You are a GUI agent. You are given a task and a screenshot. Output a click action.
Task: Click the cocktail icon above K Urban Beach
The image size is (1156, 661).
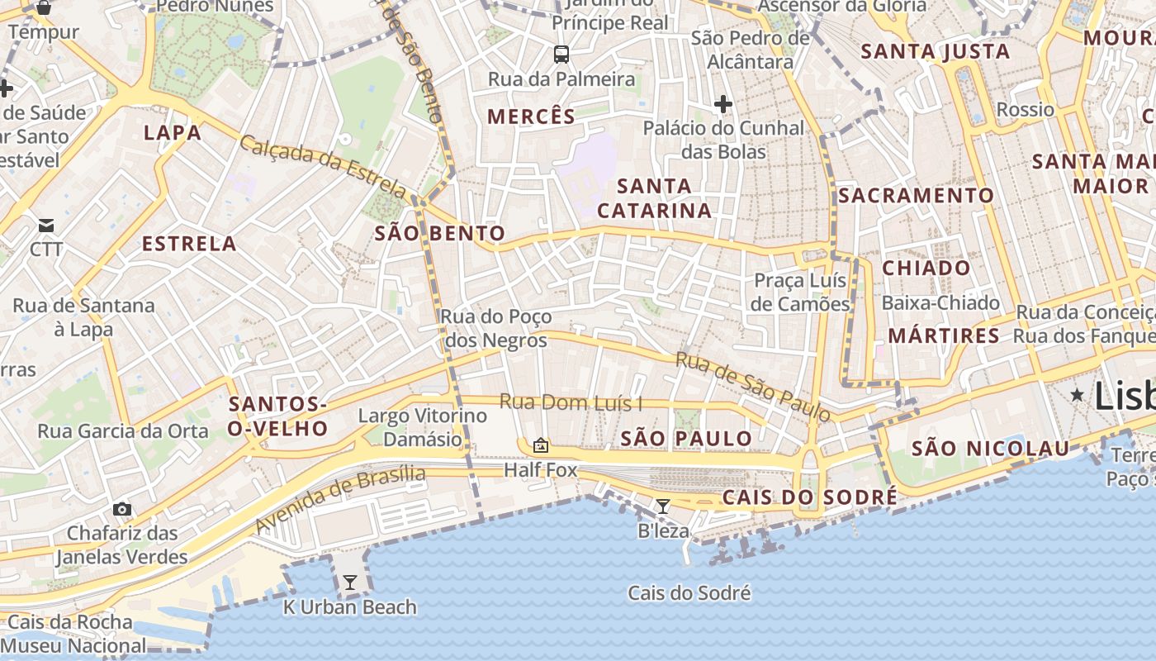(x=350, y=583)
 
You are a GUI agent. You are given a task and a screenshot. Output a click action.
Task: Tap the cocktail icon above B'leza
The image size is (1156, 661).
(x=662, y=506)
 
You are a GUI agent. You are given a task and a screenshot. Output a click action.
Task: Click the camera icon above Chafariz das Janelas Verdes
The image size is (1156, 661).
(x=122, y=509)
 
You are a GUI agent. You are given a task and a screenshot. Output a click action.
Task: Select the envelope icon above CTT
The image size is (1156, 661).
(x=46, y=226)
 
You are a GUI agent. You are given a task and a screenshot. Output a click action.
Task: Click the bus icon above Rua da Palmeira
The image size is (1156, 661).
(x=561, y=55)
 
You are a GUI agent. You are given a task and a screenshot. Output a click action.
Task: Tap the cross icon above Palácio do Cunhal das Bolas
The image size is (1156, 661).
(x=723, y=104)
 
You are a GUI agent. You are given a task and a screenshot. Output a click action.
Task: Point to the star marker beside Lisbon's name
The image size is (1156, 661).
(x=1077, y=395)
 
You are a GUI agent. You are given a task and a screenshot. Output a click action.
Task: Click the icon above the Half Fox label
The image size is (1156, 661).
(x=541, y=446)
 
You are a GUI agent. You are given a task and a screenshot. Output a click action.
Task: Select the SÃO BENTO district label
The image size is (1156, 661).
(x=439, y=233)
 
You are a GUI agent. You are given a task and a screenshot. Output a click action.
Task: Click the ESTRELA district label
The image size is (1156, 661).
(x=189, y=244)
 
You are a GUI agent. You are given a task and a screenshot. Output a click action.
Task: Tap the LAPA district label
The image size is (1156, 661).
(x=173, y=133)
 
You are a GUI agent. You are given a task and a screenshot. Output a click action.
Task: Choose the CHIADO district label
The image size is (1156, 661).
(x=926, y=268)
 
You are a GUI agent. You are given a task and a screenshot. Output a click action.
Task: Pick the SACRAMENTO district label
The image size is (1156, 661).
(x=917, y=196)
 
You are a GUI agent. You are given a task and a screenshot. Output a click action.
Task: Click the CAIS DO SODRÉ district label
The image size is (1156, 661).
(x=809, y=497)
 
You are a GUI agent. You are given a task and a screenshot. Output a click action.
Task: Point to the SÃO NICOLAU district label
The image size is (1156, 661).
(x=991, y=449)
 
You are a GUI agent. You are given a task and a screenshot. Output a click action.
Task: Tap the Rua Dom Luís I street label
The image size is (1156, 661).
(x=571, y=403)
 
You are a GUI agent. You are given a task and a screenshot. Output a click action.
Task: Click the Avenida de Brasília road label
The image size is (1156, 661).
(x=340, y=498)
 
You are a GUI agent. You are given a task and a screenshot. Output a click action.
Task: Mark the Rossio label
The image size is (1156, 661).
(x=1026, y=110)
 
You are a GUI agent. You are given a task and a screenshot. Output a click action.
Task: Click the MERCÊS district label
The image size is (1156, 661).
(x=531, y=117)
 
